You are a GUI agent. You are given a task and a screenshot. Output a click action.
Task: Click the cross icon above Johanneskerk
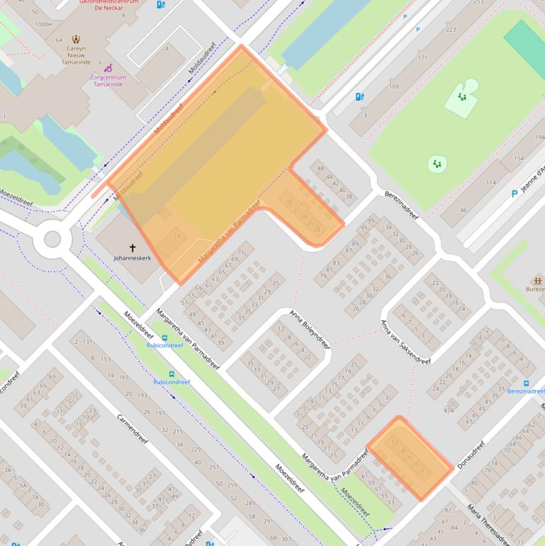pos(132,248)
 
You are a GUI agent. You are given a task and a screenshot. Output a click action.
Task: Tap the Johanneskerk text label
pos(132,258)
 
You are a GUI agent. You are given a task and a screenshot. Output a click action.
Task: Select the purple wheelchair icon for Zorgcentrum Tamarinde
pos(109,68)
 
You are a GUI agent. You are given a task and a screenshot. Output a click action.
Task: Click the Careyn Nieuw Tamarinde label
pos(76,52)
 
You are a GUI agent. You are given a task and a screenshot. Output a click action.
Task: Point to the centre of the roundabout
pos(52,238)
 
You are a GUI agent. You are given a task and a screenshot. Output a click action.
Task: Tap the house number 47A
pos(449,410)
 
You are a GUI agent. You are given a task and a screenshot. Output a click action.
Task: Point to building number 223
pos(451,30)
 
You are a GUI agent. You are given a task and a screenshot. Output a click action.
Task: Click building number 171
pos(422,57)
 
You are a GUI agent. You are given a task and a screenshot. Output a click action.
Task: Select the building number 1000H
pos(43,24)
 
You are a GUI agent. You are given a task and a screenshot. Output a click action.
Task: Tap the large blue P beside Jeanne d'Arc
pos(515,193)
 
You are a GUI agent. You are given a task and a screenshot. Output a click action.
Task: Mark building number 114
pos(490,182)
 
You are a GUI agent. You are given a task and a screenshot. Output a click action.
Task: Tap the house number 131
pos(87,342)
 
